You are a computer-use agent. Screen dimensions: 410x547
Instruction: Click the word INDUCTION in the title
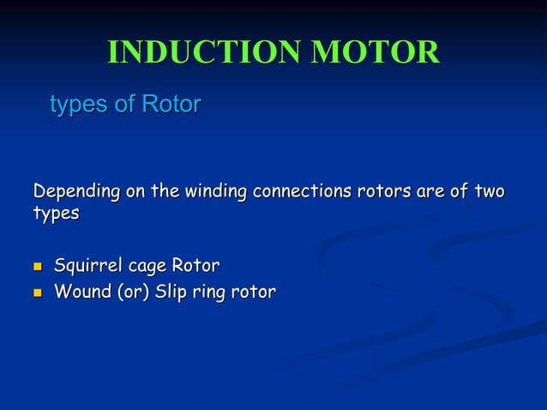coord(203,52)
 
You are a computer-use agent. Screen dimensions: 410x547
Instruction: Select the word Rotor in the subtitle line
coord(171,105)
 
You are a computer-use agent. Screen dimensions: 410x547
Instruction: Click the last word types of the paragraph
coord(56,213)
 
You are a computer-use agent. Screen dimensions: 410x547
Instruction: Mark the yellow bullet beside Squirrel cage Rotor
coord(38,267)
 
